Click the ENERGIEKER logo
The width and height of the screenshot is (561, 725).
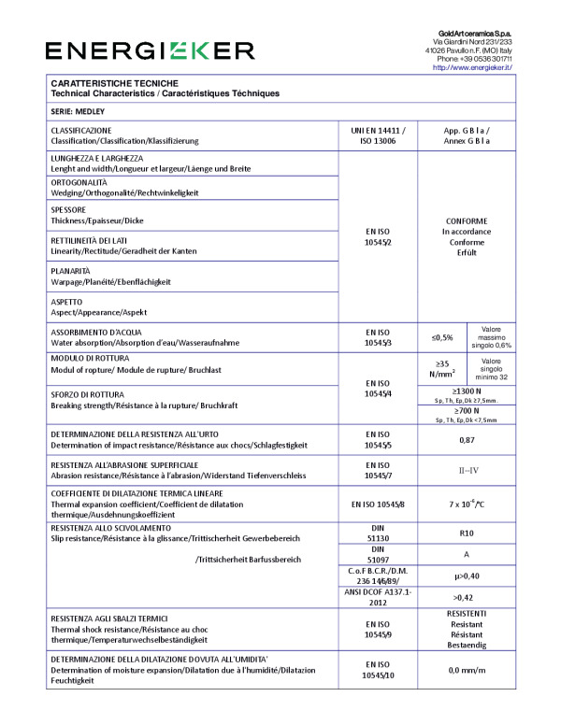click(x=150, y=50)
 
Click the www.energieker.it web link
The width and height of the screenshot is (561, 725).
click(x=472, y=67)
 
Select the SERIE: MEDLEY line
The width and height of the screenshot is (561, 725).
click(x=81, y=110)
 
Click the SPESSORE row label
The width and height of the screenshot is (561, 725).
click(x=68, y=210)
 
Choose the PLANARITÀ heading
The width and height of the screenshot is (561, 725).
click(x=71, y=270)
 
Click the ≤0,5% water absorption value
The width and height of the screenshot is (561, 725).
click(x=442, y=337)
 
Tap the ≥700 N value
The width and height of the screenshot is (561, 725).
click(x=467, y=410)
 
